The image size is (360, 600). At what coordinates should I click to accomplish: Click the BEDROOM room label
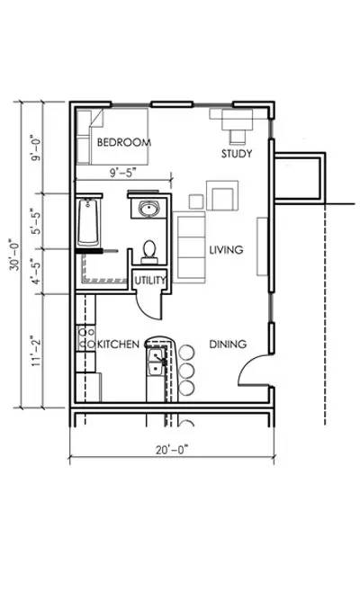124,142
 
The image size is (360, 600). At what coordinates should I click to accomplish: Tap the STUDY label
237,154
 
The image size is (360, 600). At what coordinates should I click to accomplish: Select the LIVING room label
226,250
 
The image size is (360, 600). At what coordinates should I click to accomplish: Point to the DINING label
228,344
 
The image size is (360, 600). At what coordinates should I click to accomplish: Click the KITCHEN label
118,344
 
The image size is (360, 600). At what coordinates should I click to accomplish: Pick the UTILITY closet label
150,281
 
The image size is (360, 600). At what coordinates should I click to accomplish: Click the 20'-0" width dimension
172,450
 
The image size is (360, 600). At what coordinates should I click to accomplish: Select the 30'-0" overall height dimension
15,255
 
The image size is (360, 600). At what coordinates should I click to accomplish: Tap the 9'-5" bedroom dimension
123,173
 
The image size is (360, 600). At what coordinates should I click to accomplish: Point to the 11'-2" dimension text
36,351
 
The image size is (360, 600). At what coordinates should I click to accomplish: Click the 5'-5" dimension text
36,221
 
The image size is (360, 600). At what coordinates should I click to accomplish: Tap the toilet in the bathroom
149,252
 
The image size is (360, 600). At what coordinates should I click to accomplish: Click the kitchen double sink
156,362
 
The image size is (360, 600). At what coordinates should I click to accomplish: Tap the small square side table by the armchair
196,201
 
